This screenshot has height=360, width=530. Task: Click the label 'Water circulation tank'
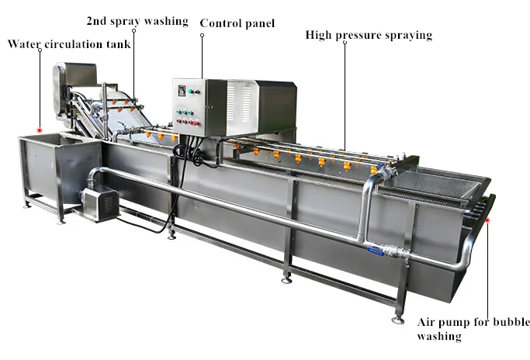[x=69, y=44]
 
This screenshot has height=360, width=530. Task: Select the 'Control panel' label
[x=237, y=23]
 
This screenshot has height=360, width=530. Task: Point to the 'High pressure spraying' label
[x=369, y=35]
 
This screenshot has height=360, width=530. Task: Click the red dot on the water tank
[x=40, y=130]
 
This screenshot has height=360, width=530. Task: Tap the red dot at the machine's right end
[x=489, y=220]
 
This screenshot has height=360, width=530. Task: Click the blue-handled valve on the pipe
[x=377, y=251]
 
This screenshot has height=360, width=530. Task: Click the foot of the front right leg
[x=398, y=319]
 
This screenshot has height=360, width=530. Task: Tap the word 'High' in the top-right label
[x=318, y=35]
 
